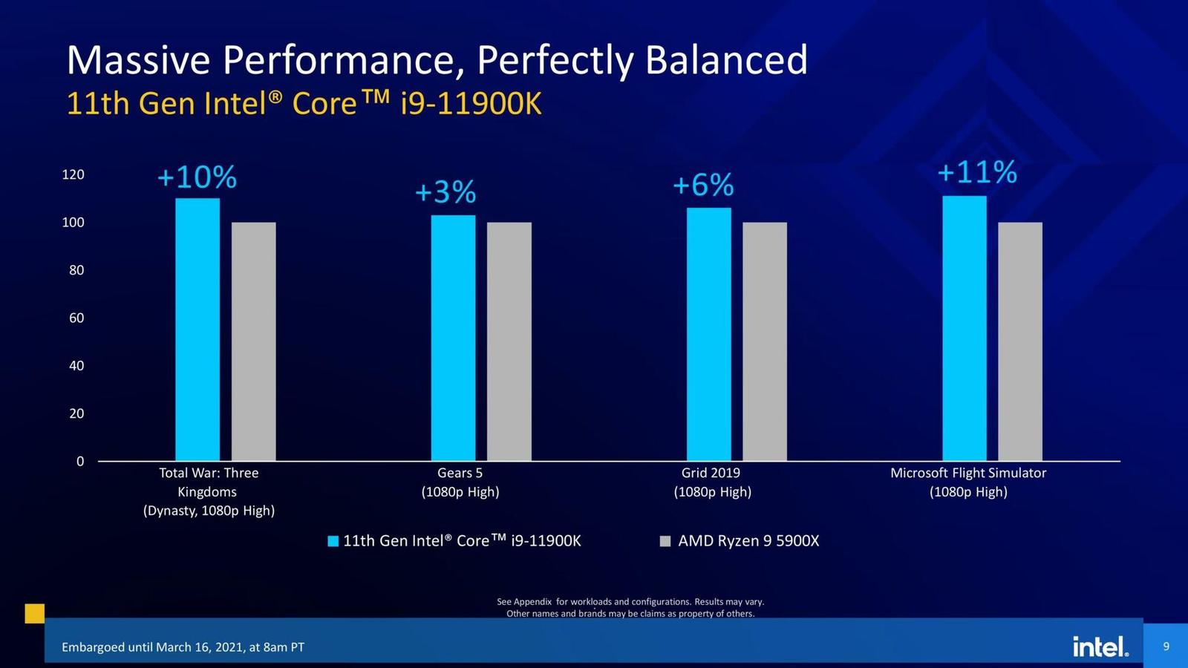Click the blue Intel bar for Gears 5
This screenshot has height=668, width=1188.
click(x=453, y=338)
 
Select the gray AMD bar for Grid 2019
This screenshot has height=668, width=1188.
click(x=765, y=341)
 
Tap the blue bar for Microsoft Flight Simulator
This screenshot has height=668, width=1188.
click(x=965, y=328)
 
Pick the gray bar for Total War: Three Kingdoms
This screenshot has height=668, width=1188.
click(x=253, y=341)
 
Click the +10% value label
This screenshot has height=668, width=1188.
click(x=197, y=177)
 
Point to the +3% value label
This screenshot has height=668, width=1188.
click(x=445, y=192)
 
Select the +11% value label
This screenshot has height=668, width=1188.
click(x=976, y=172)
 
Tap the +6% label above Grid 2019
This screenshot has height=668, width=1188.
click(x=702, y=185)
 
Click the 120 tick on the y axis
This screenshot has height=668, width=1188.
click(x=74, y=175)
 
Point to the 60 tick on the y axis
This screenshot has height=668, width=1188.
click(x=76, y=318)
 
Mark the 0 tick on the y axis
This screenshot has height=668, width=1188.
click(x=80, y=462)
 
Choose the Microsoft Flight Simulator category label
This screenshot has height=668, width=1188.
click(x=968, y=482)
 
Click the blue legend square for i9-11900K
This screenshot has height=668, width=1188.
click(x=333, y=541)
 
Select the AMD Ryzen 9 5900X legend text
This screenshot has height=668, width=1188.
click(x=748, y=541)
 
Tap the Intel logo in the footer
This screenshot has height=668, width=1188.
click(x=1100, y=646)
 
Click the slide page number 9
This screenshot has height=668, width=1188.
click(x=1166, y=646)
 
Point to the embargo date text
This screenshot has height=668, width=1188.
click(x=183, y=647)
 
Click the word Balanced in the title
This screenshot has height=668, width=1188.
click(x=726, y=59)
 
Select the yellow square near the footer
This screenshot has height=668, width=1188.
click(x=35, y=613)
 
